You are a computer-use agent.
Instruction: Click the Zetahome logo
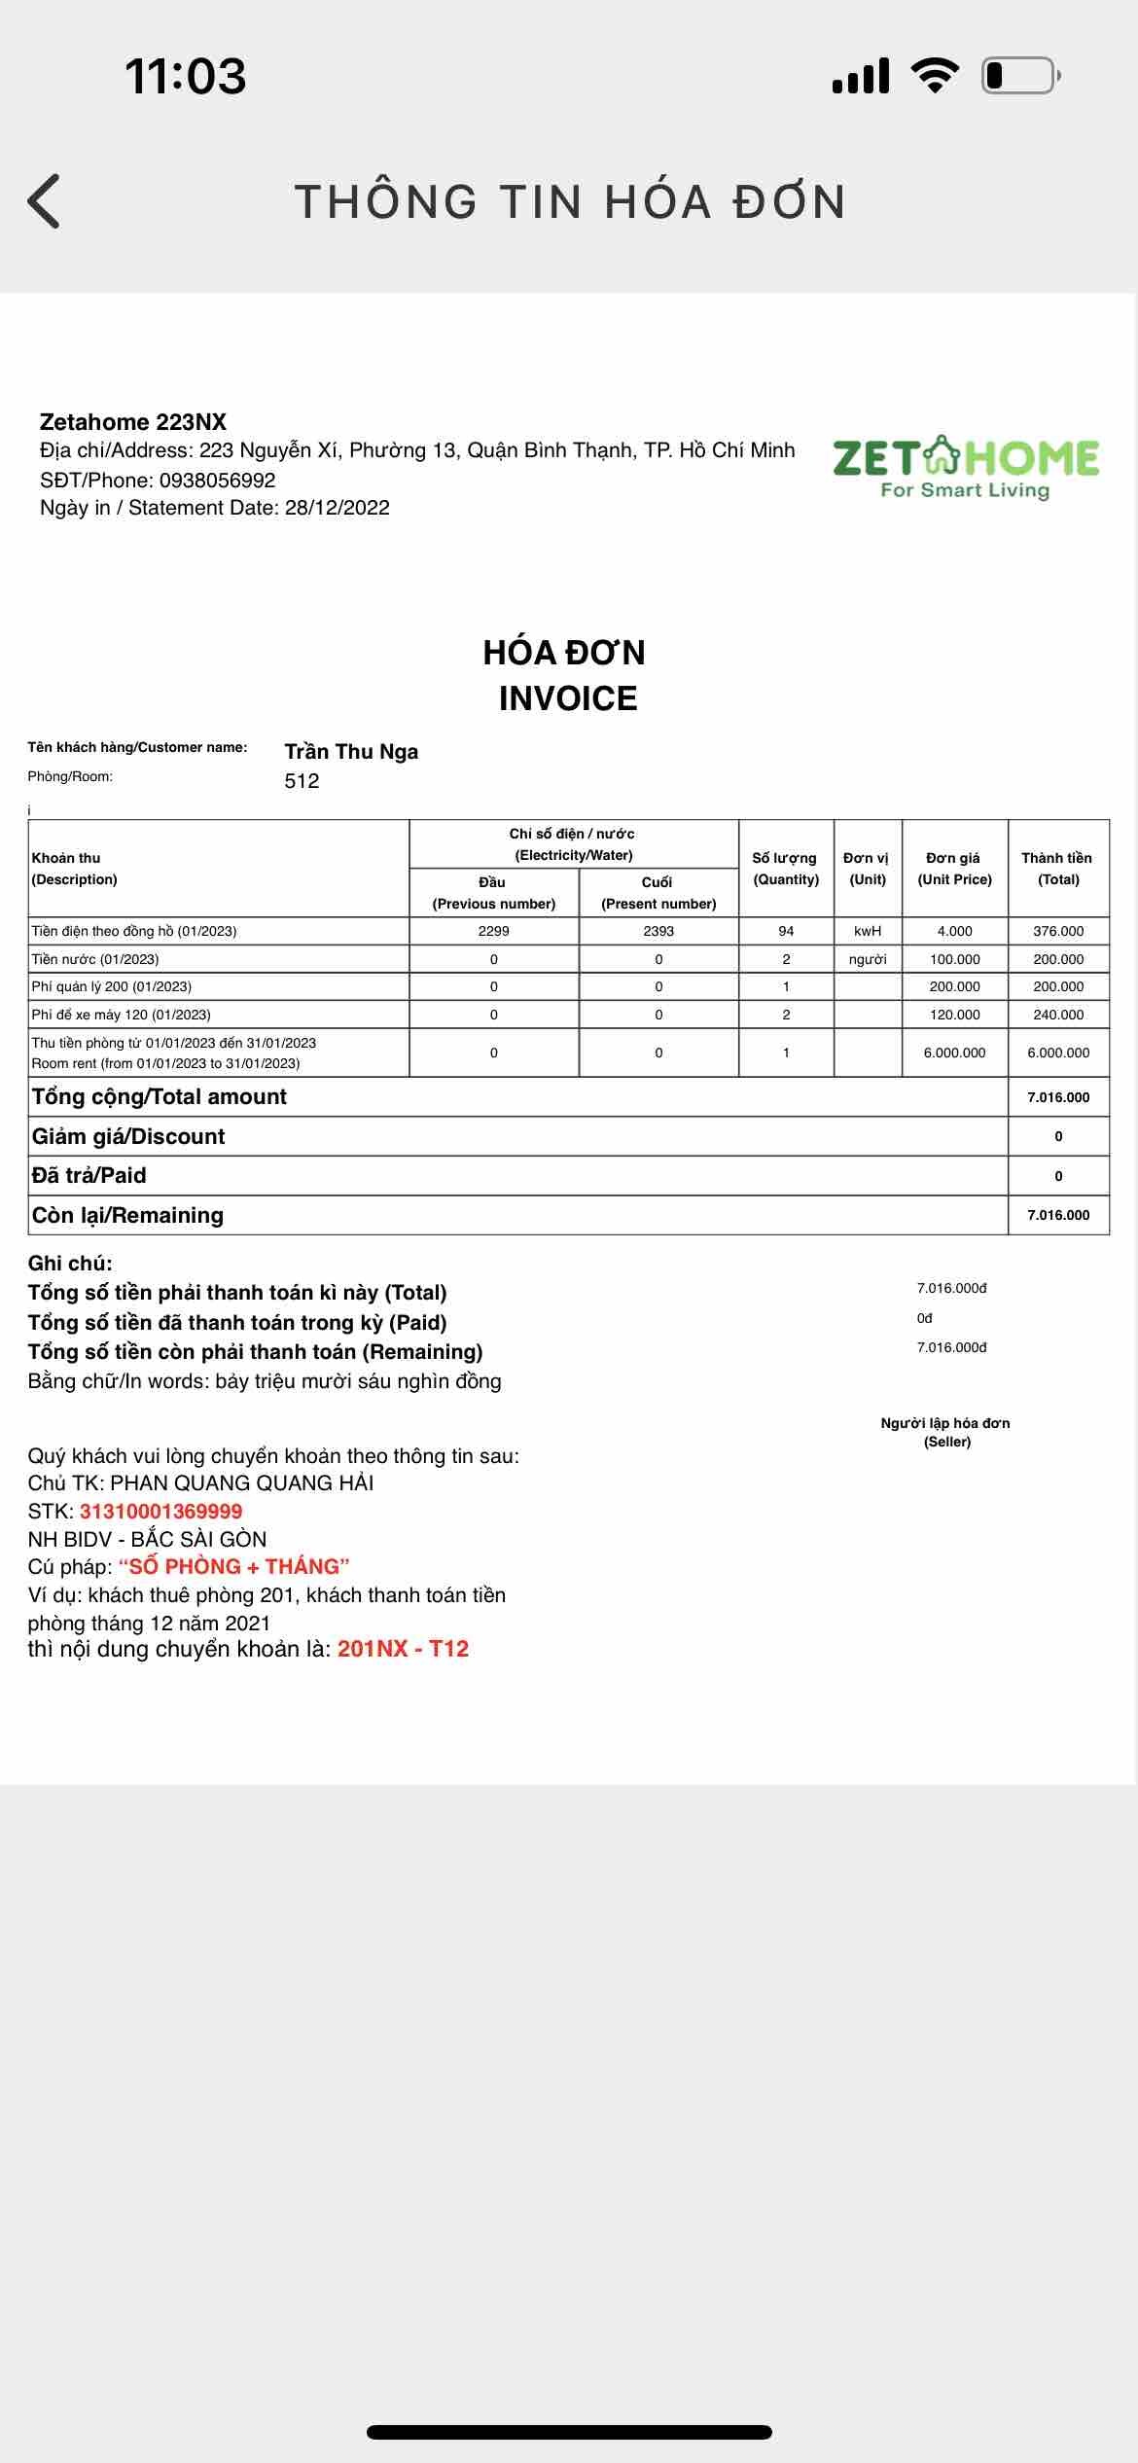965,467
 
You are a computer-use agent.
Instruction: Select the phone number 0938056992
217,480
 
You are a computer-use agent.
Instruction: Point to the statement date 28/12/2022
337,508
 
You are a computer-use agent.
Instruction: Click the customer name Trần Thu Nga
351,752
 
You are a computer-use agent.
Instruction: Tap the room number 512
302,781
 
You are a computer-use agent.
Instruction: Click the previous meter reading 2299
493,931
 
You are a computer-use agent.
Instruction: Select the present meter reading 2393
658,931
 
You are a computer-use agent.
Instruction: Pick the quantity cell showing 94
786,931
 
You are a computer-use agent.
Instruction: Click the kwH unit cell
868,931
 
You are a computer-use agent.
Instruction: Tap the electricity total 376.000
1058,931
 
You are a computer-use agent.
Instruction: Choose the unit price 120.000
954,1015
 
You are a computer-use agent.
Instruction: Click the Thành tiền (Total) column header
1057,868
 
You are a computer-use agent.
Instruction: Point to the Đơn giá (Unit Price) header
954,868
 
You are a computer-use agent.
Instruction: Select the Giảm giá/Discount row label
128,1136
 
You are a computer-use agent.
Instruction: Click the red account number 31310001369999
160,1511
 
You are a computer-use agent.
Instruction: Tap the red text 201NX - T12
403,1649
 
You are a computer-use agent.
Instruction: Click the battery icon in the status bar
1019,75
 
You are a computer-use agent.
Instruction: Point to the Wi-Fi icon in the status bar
934,75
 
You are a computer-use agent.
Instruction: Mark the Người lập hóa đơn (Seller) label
945,1432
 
